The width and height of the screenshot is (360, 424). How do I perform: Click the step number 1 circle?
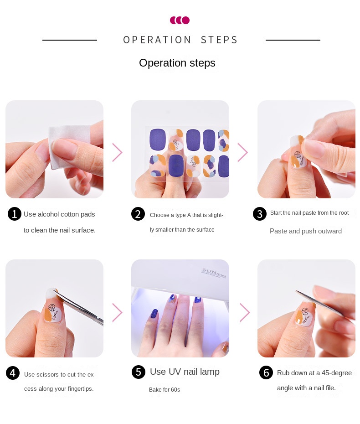[15, 214]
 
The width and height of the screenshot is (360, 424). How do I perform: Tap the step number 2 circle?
[138, 214]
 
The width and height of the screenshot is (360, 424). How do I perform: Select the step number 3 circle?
[260, 214]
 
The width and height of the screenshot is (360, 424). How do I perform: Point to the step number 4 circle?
[13, 373]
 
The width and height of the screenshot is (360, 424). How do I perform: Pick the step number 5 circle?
[139, 372]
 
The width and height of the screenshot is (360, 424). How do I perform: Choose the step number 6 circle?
[266, 372]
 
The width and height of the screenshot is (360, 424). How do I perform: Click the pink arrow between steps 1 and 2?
[117, 152]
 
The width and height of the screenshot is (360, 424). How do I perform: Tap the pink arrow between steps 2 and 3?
[243, 152]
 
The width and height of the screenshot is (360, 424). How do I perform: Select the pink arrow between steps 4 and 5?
[117, 312]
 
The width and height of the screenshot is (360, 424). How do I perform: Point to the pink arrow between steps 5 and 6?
[245, 312]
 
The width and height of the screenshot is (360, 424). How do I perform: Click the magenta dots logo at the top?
[180, 20]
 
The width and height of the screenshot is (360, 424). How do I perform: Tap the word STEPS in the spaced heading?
[219, 40]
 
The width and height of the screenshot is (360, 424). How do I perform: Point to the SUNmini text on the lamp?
[214, 273]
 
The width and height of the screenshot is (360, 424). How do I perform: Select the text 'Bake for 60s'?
[165, 390]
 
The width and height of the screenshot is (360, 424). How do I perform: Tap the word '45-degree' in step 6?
[337, 373]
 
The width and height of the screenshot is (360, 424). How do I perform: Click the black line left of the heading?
[70, 40]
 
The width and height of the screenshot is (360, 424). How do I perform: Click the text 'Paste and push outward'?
[306, 231]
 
